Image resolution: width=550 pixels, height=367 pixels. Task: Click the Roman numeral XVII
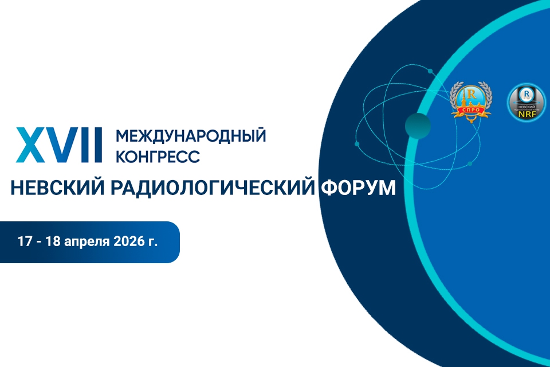click(58, 145)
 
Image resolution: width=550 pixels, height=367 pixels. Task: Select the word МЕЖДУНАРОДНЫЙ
click(191, 136)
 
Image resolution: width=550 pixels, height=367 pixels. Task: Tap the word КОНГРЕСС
click(158, 155)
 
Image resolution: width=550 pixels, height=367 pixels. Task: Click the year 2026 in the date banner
click(131, 241)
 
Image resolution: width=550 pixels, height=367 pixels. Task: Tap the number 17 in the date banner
click(24, 241)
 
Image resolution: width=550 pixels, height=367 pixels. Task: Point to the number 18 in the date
click(54, 241)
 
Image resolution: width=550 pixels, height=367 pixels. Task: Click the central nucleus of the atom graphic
click(418, 126)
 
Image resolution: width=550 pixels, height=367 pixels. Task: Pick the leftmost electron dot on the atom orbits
click(357, 143)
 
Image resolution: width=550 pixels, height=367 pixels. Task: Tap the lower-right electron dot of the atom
click(469, 164)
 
